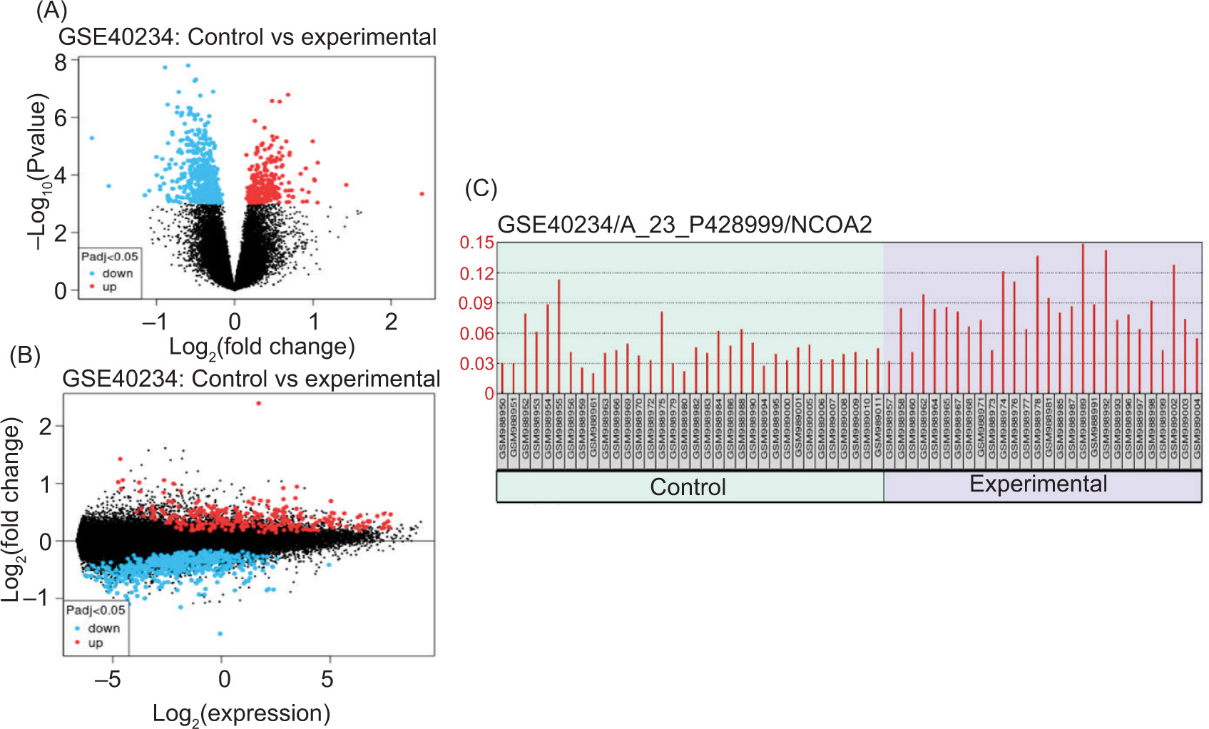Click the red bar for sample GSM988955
559,335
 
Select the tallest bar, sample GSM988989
1083,318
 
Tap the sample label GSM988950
502,429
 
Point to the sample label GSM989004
1197,429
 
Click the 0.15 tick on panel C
476,243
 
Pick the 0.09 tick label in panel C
476,303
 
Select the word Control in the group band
688,486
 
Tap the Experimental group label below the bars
1038,484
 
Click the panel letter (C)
481,188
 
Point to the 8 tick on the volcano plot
61,63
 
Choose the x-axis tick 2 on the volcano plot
391,322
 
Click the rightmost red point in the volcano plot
422,193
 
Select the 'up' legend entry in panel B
96,643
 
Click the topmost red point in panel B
258,403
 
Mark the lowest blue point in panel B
220,633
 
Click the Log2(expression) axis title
241,713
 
